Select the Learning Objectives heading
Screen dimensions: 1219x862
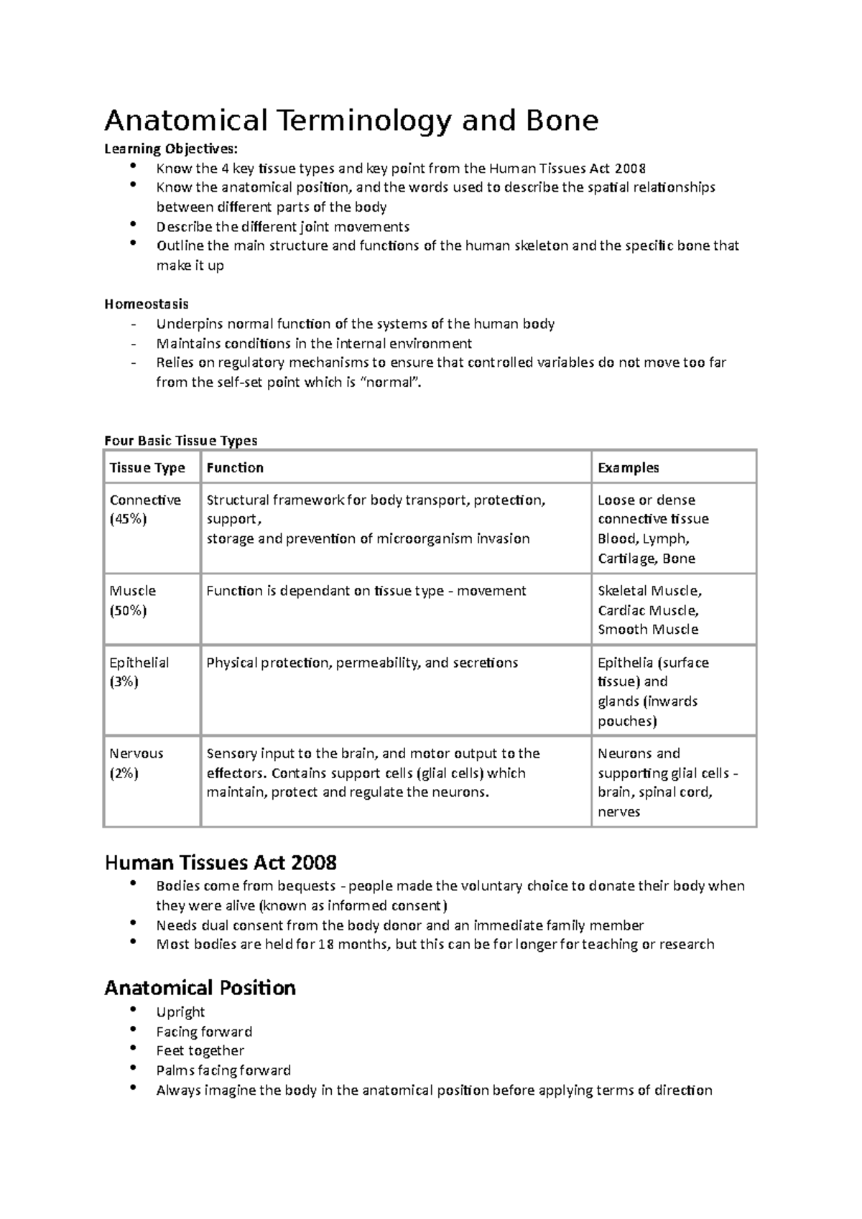pyautogui.click(x=170, y=149)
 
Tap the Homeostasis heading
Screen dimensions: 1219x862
pyautogui.click(x=147, y=304)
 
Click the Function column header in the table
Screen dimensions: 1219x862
pyautogui.click(x=235, y=468)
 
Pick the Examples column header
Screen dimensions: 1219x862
pyautogui.click(x=628, y=468)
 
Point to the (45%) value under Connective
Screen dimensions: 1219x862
pyautogui.click(x=128, y=520)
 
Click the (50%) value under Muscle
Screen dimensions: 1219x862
pyautogui.click(x=128, y=611)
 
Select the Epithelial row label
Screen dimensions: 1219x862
pyautogui.click(x=139, y=663)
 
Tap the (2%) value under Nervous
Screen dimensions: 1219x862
pyautogui.click(x=124, y=774)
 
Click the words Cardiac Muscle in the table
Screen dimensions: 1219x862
pyautogui.click(x=647, y=611)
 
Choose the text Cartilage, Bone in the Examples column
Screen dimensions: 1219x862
pyautogui.click(x=646, y=559)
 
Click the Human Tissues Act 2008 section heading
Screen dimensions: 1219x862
pyautogui.click(x=221, y=861)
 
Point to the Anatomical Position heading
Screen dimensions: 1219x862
pyautogui.click(x=200, y=988)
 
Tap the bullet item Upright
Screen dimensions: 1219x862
pyautogui.click(x=180, y=1012)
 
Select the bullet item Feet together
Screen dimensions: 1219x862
pyautogui.click(x=200, y=1051)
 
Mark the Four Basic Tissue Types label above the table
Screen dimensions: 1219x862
pyautogui.click(x=180, y=440)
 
